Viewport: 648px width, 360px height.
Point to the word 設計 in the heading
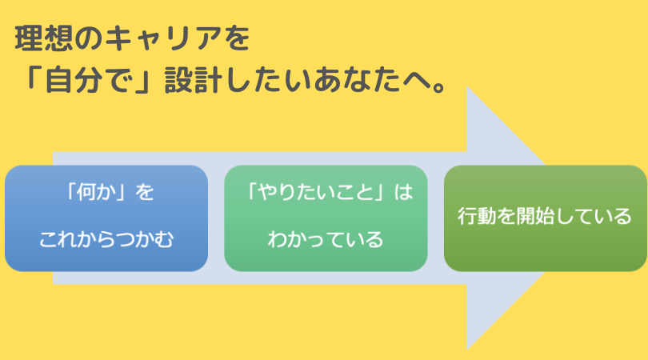(x=194, y=79)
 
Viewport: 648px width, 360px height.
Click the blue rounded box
(x=106, y=218)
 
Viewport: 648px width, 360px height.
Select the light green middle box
(x=326, y=218)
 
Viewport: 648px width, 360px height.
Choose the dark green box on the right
(x=546, y=218)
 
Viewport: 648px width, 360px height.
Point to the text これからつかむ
(x=106, y=240)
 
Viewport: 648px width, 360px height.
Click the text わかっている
(x=326, y=240)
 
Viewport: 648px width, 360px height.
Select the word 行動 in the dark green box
(x=477, y=216)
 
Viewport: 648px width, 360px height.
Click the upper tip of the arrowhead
(x=466, y=86)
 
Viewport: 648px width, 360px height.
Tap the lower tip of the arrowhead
(x=466, y=350)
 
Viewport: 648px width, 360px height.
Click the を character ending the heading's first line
(x=236, y=38)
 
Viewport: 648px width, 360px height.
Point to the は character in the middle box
(x=403, y=192)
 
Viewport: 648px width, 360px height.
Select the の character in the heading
(x=89, y=38)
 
